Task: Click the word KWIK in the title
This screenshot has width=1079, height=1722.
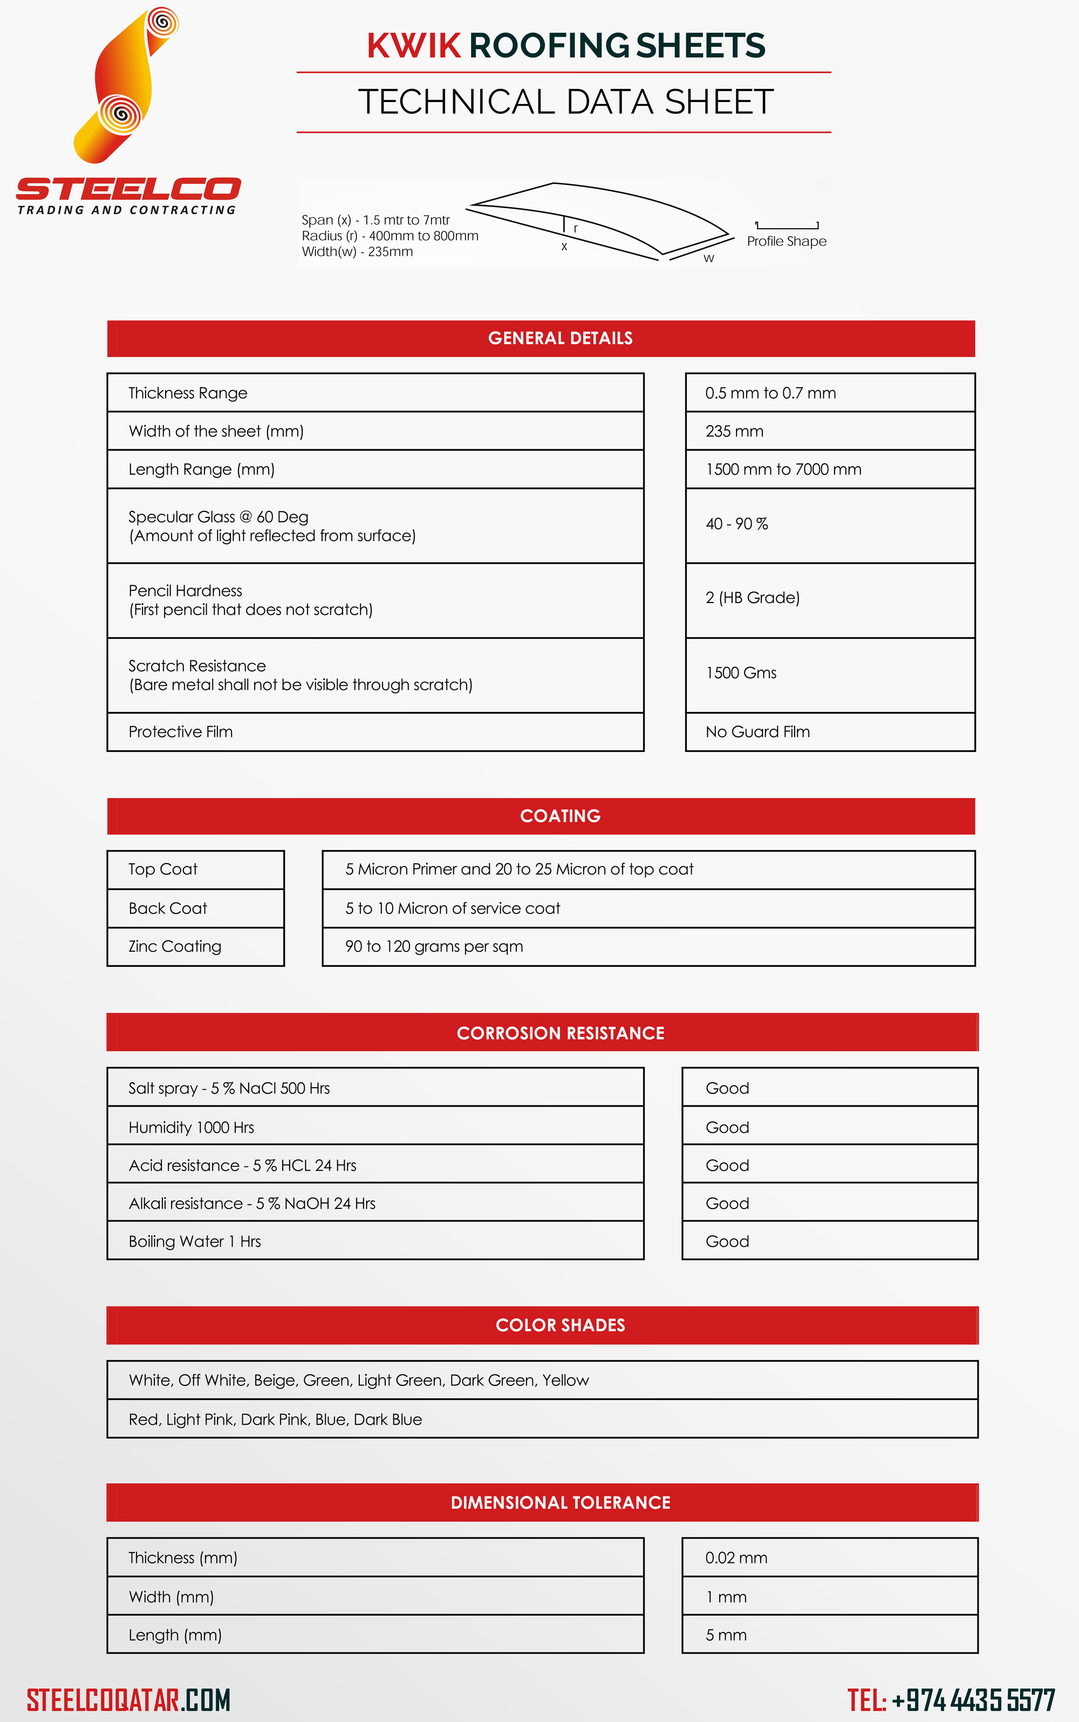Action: tap(414, 46)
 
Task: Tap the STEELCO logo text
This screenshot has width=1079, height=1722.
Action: tap(128, 189)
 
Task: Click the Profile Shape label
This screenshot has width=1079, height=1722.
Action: tap(787, 241)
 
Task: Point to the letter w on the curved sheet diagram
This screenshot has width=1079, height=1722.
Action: tap(708, 258)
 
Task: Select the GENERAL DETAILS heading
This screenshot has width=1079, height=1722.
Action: tap(560, 338)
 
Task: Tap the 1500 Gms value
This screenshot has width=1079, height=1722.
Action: tap(741, 673)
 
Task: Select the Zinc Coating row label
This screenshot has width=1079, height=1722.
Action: tap(175, 946)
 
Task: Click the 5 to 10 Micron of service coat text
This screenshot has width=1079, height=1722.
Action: tap(453, 908)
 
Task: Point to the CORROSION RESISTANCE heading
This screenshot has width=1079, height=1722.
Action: tap(560, 1033)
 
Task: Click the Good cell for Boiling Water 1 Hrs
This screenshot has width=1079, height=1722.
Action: tap(727, 1242)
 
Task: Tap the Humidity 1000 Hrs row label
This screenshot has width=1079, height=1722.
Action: tap(191, 1127)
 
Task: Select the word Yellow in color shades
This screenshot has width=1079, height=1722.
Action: tap(565, 1380)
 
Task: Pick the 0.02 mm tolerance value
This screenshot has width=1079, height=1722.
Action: tap(736, 1558)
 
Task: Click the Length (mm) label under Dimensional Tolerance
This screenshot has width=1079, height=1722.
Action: tap(175, 1635)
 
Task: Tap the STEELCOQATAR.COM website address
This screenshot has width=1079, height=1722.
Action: tap(128, 1700)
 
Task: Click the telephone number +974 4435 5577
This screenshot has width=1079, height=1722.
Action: tap(973, 1700)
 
